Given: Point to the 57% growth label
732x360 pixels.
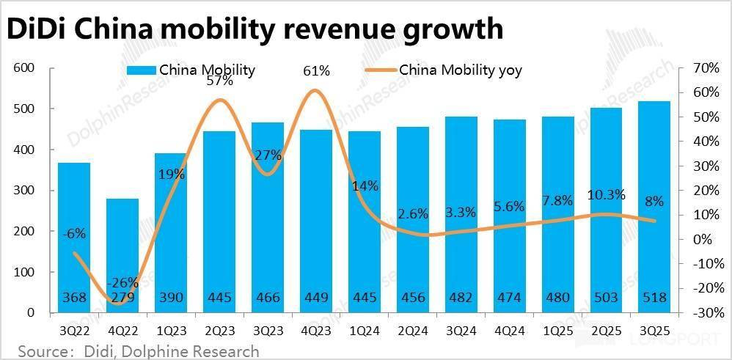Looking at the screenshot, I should (x=219, y=81).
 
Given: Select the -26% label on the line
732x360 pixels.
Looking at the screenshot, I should (x=122, y=283).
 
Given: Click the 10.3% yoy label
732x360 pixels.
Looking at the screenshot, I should (x=607, y=194).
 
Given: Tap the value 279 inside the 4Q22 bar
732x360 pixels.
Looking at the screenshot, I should (x=122, y=298).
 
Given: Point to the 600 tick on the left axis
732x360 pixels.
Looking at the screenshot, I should (x=25, y=68).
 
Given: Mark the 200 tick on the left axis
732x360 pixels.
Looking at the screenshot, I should (x=25, y=232).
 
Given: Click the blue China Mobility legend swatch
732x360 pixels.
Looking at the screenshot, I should (x=141, y=70).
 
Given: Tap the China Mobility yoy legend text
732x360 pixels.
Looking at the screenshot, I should (x=460, y=70).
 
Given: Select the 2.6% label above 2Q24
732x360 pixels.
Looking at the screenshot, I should (x=413, y=213).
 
